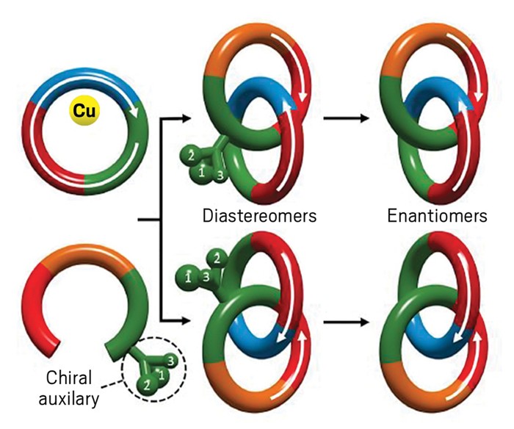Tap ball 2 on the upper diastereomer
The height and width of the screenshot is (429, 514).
[x=191, y=155]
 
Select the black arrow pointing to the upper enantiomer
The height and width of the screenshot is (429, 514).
[x=346, y=118]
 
